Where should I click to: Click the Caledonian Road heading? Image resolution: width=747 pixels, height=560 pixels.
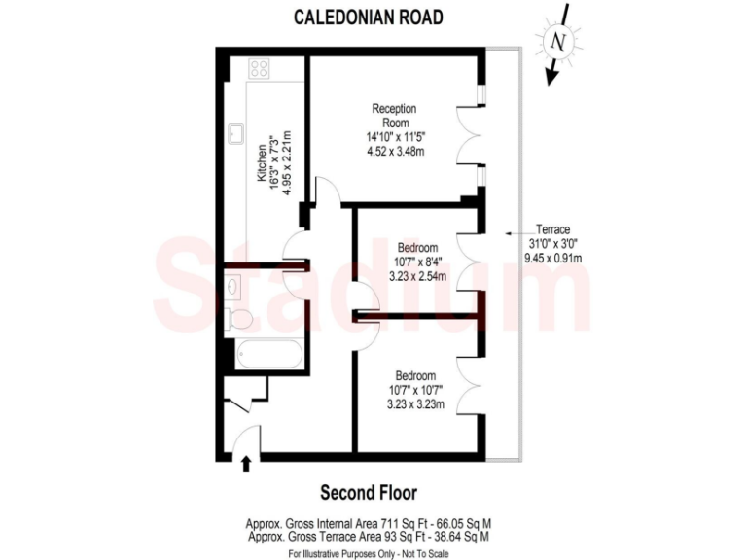(369, 17)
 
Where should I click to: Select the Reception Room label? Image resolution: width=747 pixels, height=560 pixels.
(395, 115)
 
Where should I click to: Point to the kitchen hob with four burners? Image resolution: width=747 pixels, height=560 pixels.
(259, 68)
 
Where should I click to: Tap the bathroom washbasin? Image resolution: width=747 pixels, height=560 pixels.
(233, 285)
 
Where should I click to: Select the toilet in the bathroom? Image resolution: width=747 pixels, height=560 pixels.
(238, 319)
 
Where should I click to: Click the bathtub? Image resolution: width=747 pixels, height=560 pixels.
(265, 355)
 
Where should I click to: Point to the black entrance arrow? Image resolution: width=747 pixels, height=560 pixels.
(245, 464)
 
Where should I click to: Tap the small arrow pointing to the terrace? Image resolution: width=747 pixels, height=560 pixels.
(508, 234)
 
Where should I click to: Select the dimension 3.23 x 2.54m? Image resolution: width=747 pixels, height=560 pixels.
(416, 276)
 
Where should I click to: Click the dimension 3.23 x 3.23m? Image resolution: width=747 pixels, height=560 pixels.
(415, 404)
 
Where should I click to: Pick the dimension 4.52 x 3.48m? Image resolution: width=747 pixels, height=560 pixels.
(395, 152)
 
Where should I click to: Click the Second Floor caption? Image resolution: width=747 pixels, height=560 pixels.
(369, 492)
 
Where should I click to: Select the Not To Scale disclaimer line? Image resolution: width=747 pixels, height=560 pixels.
(369, 552)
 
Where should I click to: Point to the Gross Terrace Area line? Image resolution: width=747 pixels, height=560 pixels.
(369, 536)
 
